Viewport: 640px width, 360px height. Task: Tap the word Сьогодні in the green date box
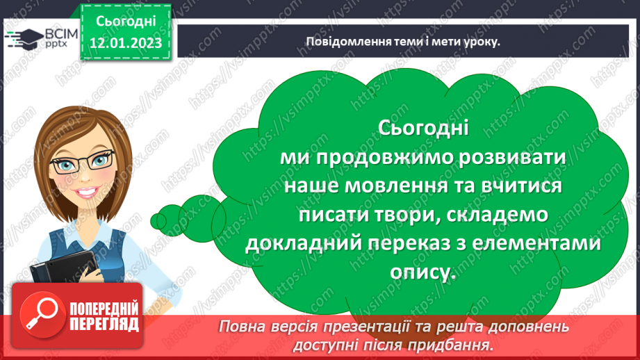point(125,22)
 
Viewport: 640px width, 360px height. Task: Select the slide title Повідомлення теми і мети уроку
point(403,41)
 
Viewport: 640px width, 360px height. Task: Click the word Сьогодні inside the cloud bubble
point(425,129)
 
